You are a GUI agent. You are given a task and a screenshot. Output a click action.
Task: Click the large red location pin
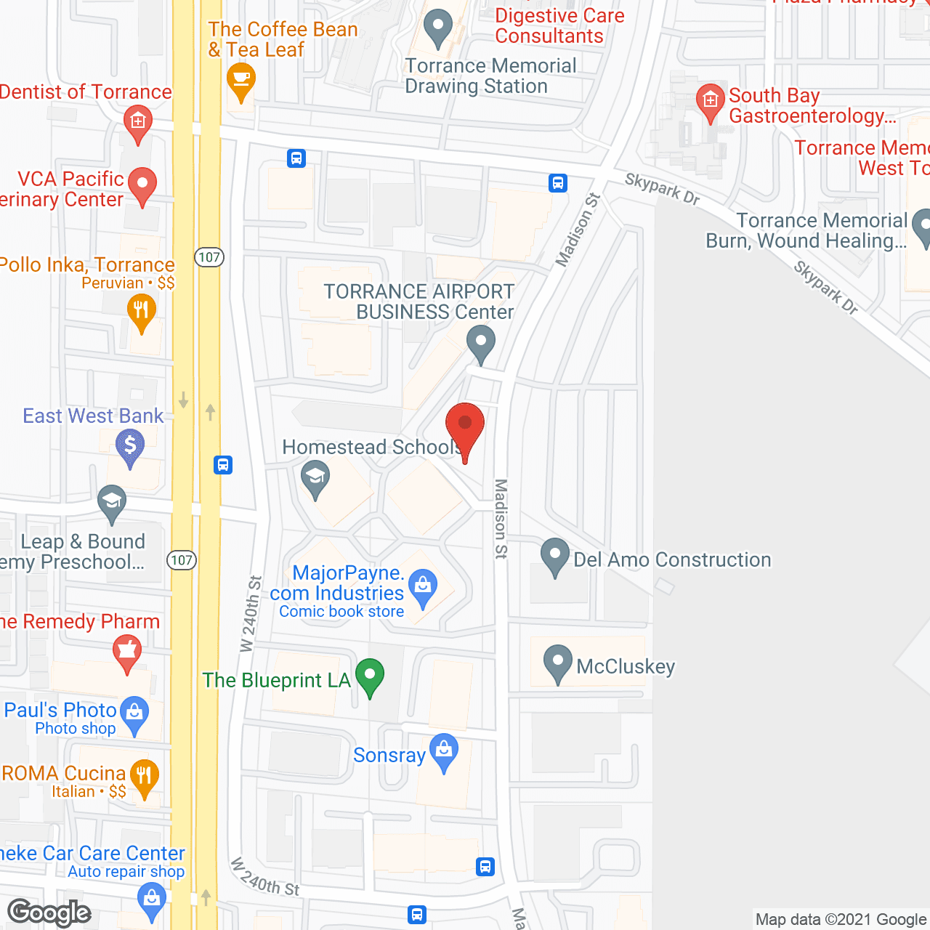(x=464, y=425)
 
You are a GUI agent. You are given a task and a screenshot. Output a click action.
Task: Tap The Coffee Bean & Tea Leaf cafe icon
(x=240, y=79)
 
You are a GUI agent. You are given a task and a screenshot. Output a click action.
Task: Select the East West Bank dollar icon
(x=130, y=445)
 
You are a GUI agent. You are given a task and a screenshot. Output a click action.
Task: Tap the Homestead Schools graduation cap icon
(x=315, y=477)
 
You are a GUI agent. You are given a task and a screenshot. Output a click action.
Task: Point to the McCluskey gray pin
(x=557, y=662)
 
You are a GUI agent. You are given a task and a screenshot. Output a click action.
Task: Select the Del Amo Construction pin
(x=555, y=555)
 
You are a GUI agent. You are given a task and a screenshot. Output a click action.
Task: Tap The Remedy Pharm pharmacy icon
(x=127, y=650)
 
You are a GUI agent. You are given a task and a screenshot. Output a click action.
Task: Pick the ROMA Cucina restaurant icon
(x=145, y=777)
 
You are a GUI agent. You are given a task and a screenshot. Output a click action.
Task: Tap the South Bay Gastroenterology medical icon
(x=710, y=101)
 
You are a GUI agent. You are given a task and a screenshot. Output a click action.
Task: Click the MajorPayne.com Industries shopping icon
(x=423, y=586)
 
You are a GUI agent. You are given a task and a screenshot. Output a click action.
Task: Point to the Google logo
(x=49, y=913)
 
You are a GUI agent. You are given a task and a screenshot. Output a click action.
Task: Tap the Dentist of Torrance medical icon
(x=137, y=121)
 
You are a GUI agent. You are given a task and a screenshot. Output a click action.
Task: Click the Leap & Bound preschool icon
(x=112, y=501)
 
